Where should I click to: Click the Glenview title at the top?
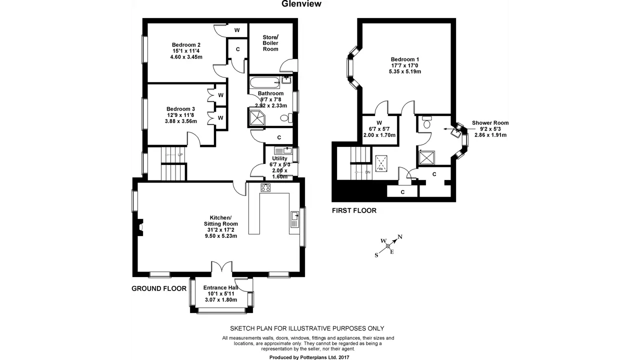coord(301,3)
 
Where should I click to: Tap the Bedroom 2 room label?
coord(186,45)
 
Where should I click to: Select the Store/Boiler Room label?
coord(270,43)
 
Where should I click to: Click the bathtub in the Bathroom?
coord(265,82)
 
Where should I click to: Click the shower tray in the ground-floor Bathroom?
coord(257,117)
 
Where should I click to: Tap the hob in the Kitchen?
coord(265,187)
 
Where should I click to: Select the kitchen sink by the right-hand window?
coord(295,219)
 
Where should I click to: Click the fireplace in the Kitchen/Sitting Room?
coord(139,227)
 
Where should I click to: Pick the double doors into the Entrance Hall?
coord(221,267)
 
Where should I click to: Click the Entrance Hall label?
coord(220,287)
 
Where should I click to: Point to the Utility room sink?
coord(283,150)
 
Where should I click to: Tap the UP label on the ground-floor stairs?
coord(180,155)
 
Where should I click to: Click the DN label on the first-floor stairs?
coord(367,172)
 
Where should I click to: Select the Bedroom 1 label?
coord(405,59)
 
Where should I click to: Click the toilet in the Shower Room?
coord(427,122)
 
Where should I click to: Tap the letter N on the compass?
coord(400,236)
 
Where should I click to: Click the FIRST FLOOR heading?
coord(354,210)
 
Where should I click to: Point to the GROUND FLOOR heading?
coord(159,288)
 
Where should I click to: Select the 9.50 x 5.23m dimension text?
coord(221,236)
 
